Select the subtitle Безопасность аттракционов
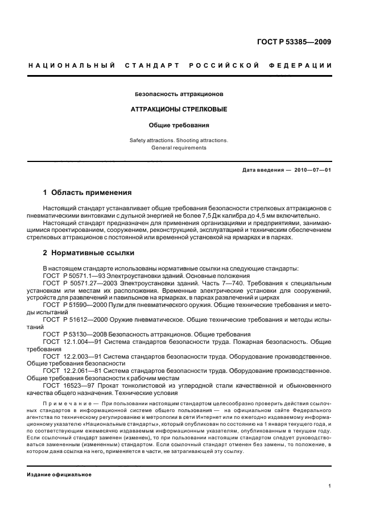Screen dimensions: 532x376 [179, 93]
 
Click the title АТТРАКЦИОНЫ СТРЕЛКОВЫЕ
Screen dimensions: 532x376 [179, 109]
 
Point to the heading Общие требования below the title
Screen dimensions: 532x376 [179, 124]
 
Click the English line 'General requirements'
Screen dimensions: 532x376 [179, 148]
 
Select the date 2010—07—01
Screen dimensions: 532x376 [312, 170]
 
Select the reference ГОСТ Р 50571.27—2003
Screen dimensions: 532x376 [77, 282]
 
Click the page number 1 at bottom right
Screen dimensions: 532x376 [330, 486]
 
